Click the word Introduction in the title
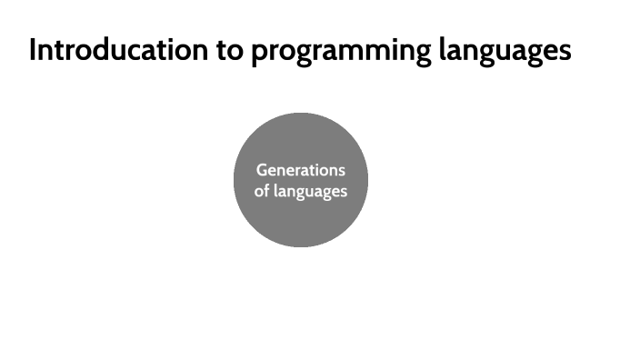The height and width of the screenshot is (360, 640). click(118, 50)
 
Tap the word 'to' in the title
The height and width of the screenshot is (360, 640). click(229, 50)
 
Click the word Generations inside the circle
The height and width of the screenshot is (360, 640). click(300, 170)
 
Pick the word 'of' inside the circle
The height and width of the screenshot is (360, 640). click(262, 192)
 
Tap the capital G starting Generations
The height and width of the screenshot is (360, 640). click(262, 170)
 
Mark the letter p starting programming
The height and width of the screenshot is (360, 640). click(259, 53)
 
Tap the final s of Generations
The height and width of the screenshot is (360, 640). click(341, 170)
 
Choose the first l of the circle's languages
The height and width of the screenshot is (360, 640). click(278, 192)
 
